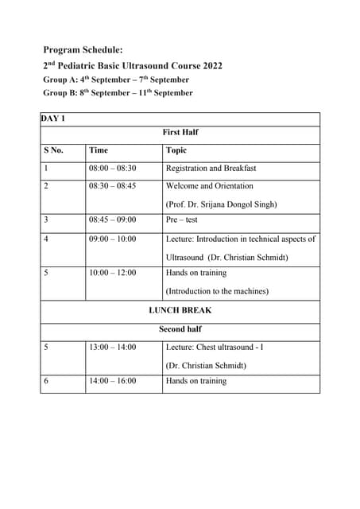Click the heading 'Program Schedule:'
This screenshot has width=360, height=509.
pos(83,49)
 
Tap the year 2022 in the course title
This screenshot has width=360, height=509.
pos(210,65)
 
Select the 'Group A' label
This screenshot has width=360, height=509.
pos(60,80)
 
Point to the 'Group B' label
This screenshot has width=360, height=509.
pos(60,93)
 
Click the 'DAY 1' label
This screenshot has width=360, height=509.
pos(54,119)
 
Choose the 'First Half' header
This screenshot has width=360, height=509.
pos(180,132)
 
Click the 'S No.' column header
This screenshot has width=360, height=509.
pos(54,150)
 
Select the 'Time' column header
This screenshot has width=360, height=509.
pos(99,150)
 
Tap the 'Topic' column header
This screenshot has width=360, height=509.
pos(176,150)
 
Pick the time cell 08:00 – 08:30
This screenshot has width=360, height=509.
pos(112,169)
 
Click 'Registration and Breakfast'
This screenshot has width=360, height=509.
pos(211,169)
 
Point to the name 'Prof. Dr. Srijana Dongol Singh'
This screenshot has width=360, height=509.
pos(222,204)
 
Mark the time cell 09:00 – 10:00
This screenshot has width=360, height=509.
pos(112,239)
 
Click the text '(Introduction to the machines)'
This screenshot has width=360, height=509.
pos(217,291)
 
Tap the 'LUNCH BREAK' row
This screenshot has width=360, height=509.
pos(180,310)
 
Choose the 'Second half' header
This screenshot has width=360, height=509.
pos(180,328)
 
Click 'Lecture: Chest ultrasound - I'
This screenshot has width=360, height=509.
pos(215,347)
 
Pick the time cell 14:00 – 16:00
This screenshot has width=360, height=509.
pos(112,381)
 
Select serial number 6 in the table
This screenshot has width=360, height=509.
pos(46,381)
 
